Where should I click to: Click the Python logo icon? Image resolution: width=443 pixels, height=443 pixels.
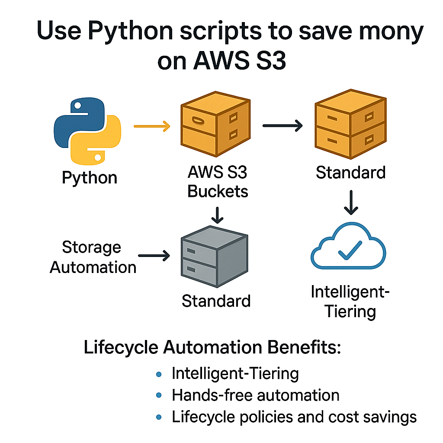(x=87, y=132)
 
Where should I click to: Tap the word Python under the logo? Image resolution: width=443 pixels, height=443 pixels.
(x=90, y=178)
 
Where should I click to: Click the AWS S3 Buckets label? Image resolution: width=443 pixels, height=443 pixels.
(x=218, y=182)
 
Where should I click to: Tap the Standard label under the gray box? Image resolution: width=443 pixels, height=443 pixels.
(x=216, y=300)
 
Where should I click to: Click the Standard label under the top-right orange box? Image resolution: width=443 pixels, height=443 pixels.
(x=350, y=172)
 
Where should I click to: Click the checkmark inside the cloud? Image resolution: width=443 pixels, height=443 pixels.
(x=350, y=250)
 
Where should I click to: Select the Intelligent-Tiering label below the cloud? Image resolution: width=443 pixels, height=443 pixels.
(x=350, y=302)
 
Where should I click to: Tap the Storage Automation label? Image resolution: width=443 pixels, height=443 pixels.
(x=93, y=257)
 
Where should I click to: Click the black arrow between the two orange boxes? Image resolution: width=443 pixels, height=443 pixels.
(x=283, y=126)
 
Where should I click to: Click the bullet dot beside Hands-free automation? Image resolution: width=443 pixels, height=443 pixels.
(x=159, y=395)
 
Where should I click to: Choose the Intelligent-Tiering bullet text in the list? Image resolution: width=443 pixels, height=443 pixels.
(x=235, y=373)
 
